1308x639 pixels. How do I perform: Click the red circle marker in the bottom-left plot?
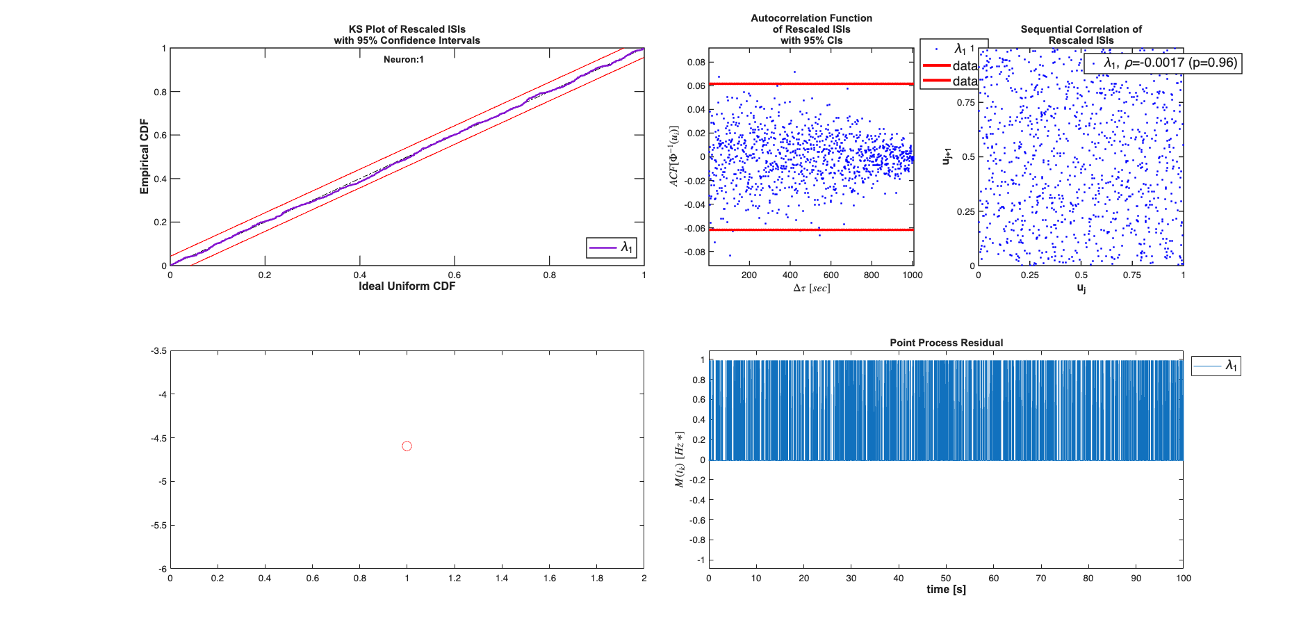point(407,446)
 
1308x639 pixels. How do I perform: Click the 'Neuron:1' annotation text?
point(403,60)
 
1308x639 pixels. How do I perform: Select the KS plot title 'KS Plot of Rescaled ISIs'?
point(407,29)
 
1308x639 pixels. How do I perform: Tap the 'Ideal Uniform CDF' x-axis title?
point(407,286)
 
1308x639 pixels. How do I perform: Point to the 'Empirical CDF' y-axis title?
point(145,156)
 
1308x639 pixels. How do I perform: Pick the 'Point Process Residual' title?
point(946,343)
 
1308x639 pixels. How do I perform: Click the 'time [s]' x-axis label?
point(946,590)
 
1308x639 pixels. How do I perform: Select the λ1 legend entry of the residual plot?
point(1216,366)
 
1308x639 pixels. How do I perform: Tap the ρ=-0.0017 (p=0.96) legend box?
point(1163,63)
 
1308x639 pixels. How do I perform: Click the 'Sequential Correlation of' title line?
point(1081,29)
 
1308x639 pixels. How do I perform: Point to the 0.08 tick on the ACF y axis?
point(696,62)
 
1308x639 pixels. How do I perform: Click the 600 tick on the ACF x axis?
point(831,275)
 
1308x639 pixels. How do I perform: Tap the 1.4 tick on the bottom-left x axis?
point(502,579)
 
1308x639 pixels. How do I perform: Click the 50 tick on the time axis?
point(946,579)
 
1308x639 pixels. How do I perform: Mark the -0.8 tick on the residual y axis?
point(697,540)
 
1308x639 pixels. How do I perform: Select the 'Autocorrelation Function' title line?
point(811,18)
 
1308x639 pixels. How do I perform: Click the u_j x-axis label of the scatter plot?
point(1081,287)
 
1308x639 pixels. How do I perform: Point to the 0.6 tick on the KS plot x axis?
point(455,275)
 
